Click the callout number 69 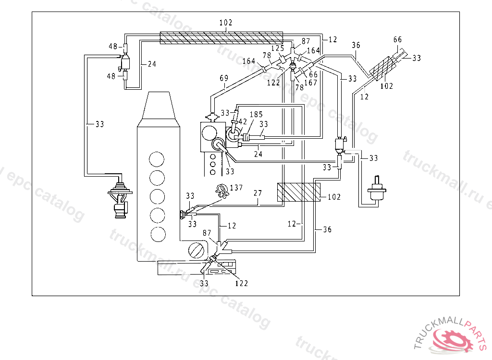pos(224,78)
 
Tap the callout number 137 pos(236,188)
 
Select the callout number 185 pos(256,114)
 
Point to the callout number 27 pos(258,193)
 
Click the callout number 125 pos(278,48)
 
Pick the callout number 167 pos(311,83)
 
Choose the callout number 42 pos(243,121)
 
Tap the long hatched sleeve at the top pos(221,37)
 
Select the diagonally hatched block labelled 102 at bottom pos(299,192)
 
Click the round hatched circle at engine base pos(197,250)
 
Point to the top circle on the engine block pos(157,159)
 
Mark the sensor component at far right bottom pos(377,188)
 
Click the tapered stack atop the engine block pos(159,106)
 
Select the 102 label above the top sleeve pos(226,23)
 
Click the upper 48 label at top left pos(113,47)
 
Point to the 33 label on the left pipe pos(99,124)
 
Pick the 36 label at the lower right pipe pos(327,229)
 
